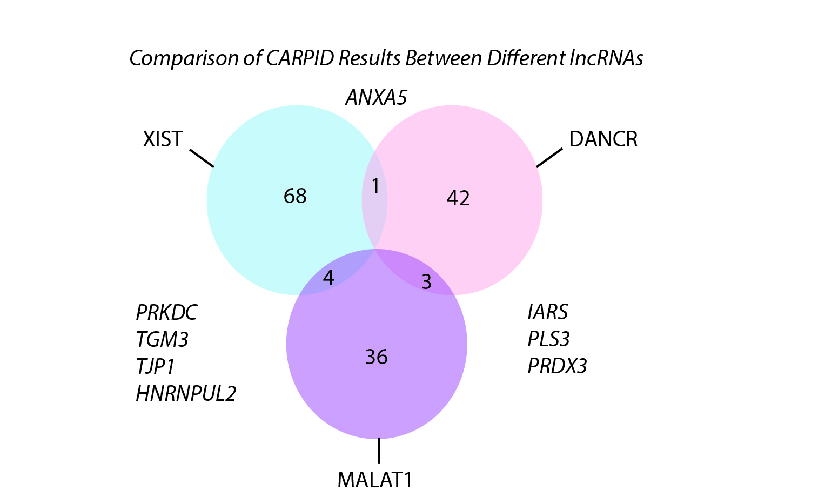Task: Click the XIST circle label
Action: pos(163,139)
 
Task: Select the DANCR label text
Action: pos(603,139)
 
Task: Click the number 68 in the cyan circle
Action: pos(295,196)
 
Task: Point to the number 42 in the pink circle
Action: pos(458,198)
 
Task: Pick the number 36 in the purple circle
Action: pos(377,357)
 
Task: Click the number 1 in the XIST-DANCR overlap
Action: pos(375,187)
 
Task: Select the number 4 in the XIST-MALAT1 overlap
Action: pos(328,278)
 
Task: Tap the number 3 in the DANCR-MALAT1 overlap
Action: pos(426,282)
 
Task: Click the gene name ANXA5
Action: pos(376,98)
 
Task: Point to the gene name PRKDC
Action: pos(166,313)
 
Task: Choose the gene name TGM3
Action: pos(162,340)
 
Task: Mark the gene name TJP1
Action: pos(156,367)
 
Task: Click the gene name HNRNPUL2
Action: pos(186,394)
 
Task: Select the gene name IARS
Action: pos(548,312)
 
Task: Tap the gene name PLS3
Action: pos(548,339)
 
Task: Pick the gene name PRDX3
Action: pos(557,366)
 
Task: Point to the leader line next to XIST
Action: pos(202,158)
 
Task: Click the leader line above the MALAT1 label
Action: pos(379,450)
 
